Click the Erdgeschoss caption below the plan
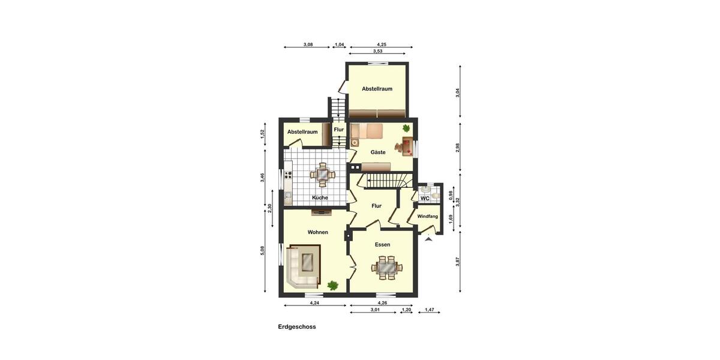(296, 327)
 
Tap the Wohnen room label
(317, 232)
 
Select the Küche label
(320, 197)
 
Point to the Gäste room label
(378, 152)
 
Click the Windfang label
(428, 216)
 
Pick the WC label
(425, 198)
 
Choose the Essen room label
(382, 244)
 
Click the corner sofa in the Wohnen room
(303, 265)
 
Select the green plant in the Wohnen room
(332, 286)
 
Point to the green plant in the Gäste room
(406, 128)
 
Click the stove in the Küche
(288, 176)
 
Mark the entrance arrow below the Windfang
(428, 239)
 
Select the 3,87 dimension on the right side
(458, 262)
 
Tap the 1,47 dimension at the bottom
(430, 310)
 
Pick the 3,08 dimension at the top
(308, 44)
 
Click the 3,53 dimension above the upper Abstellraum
(377, 52)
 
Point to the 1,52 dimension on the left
(262, 134)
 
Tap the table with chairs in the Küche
(322, 175)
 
